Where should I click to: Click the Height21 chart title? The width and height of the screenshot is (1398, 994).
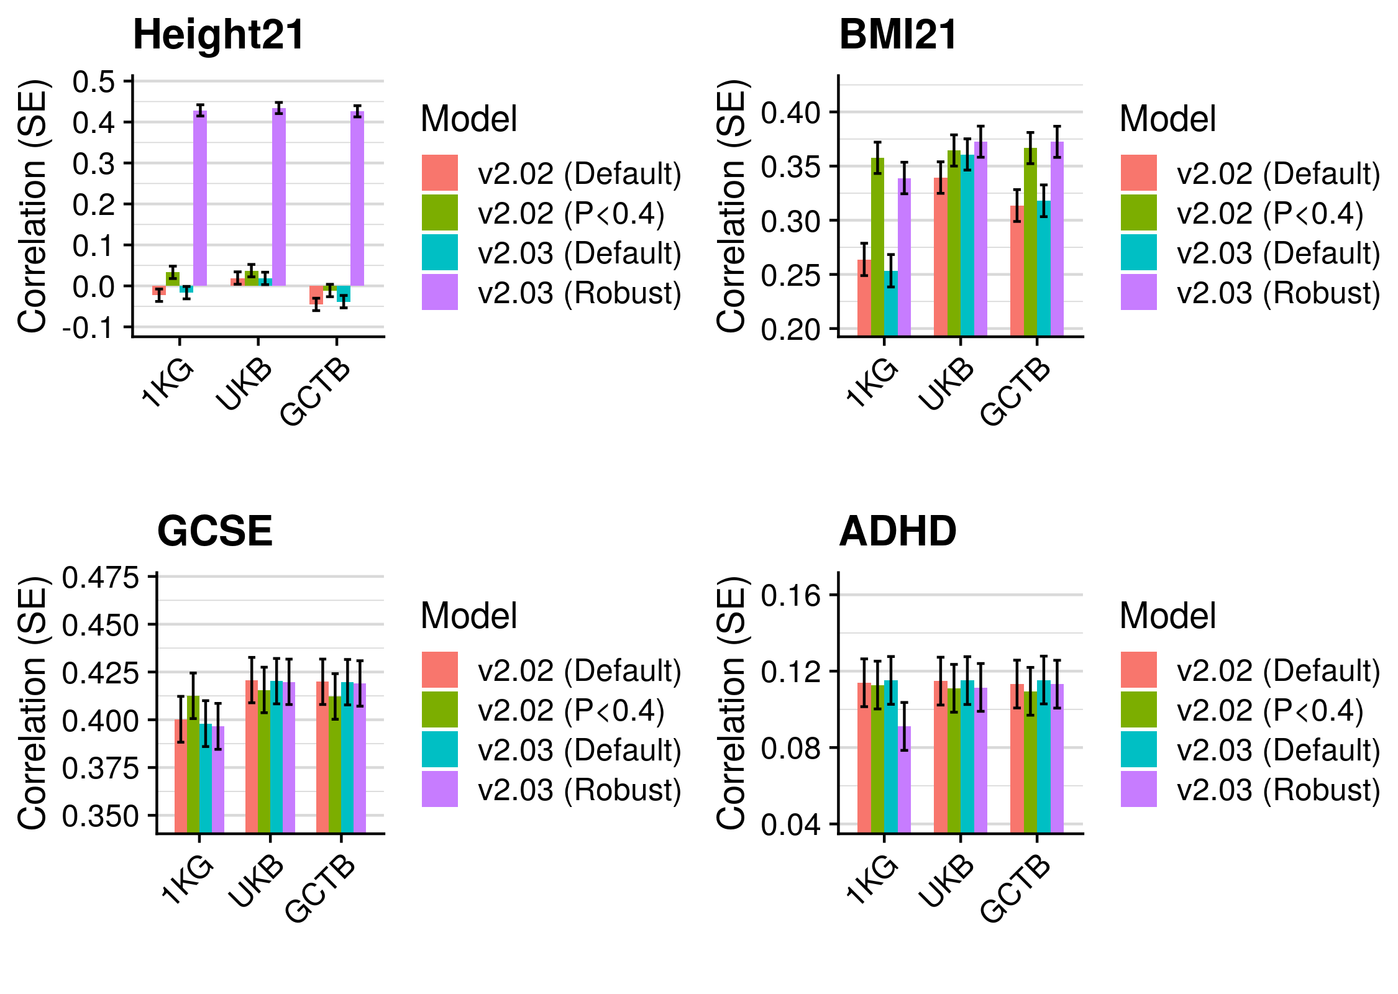[219, 35]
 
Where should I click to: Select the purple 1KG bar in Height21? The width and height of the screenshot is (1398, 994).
[200, 199]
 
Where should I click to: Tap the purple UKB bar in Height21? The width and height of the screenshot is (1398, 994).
[279, 198]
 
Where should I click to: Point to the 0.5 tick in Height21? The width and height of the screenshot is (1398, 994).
[93, 81]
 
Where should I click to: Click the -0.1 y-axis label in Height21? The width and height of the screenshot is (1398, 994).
[89, 327]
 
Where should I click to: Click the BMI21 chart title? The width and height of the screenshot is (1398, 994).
[898, 35]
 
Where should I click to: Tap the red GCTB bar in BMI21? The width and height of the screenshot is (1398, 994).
[1017, 271]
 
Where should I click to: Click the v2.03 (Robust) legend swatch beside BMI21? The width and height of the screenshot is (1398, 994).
[1138, 292]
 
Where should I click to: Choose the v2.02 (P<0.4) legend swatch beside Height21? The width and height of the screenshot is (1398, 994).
[440, 212]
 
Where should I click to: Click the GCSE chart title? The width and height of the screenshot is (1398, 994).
[215, 532]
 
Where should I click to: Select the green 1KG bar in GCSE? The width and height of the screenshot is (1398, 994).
[193, 764]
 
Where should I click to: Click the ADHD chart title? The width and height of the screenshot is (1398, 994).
[898, 532]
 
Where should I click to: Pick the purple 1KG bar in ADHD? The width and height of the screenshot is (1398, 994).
[904, 780]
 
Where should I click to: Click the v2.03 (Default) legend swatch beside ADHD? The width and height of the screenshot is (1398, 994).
[1138, 749]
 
